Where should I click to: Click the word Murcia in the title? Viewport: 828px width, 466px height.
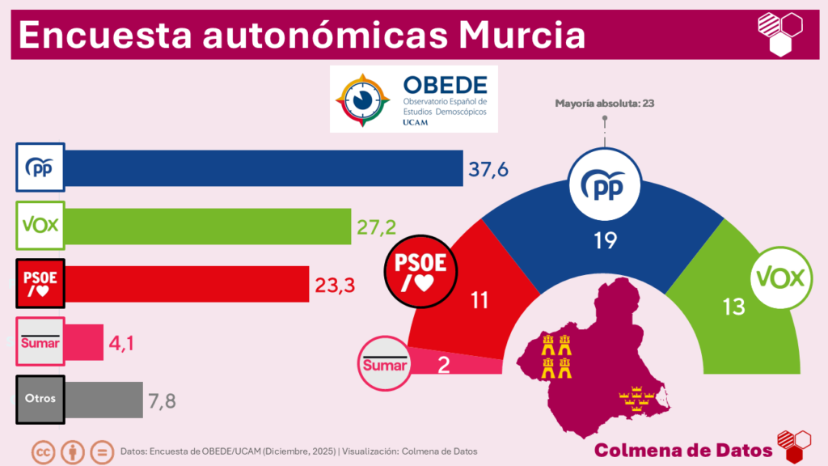click(521, 34)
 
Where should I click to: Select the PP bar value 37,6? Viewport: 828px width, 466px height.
click(490, 168)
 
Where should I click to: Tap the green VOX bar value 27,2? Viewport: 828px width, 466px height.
click(377, 227)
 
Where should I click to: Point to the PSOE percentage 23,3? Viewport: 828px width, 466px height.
click(335, 284)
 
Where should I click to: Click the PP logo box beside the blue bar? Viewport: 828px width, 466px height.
click(40, 167)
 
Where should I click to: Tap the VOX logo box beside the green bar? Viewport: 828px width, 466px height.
click(40, 226)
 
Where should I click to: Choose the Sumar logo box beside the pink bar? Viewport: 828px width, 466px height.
click(40, 341)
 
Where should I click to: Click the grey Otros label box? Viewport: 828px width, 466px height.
click(40, 400)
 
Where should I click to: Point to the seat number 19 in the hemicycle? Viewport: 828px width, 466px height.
click(605, 240)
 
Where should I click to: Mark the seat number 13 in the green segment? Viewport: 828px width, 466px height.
click(735, 307)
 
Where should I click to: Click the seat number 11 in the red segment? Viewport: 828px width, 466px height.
click(479, 301)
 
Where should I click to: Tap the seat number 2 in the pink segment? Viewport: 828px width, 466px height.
click(443, 364)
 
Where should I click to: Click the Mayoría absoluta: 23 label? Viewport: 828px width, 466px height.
click(605, 104)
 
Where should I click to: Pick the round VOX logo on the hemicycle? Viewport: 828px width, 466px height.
click(779, 279)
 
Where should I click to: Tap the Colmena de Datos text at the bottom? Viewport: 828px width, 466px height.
click(682, 449)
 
